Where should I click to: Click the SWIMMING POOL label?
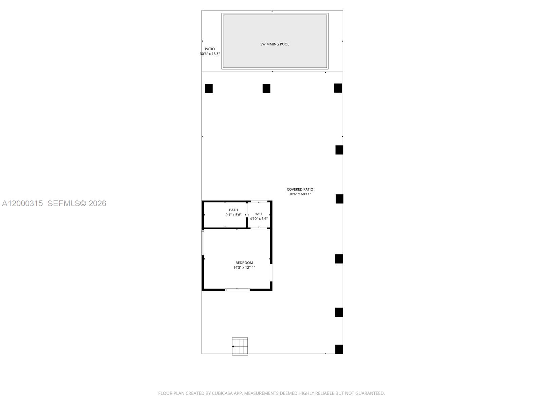[275, 44]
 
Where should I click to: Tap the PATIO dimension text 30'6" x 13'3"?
[210, 54]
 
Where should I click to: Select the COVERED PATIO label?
[300, 189]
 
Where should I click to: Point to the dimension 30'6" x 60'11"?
[300, 194]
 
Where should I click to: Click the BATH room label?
[233, 210]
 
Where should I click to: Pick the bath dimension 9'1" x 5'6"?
[233, 215]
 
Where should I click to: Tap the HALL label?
[259, 214]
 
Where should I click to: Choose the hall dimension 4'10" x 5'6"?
[259, 219]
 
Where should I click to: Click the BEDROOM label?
[244, 263]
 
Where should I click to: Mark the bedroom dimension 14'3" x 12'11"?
[244, 268]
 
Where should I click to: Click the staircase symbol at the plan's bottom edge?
[240, 346]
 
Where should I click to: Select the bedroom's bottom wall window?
[238, 290]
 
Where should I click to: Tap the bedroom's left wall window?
[203, 243]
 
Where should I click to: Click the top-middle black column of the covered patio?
[266, 89]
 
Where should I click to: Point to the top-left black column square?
[209, 89]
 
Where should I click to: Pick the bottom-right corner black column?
[339, 349]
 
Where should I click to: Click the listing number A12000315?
[22, 203]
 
